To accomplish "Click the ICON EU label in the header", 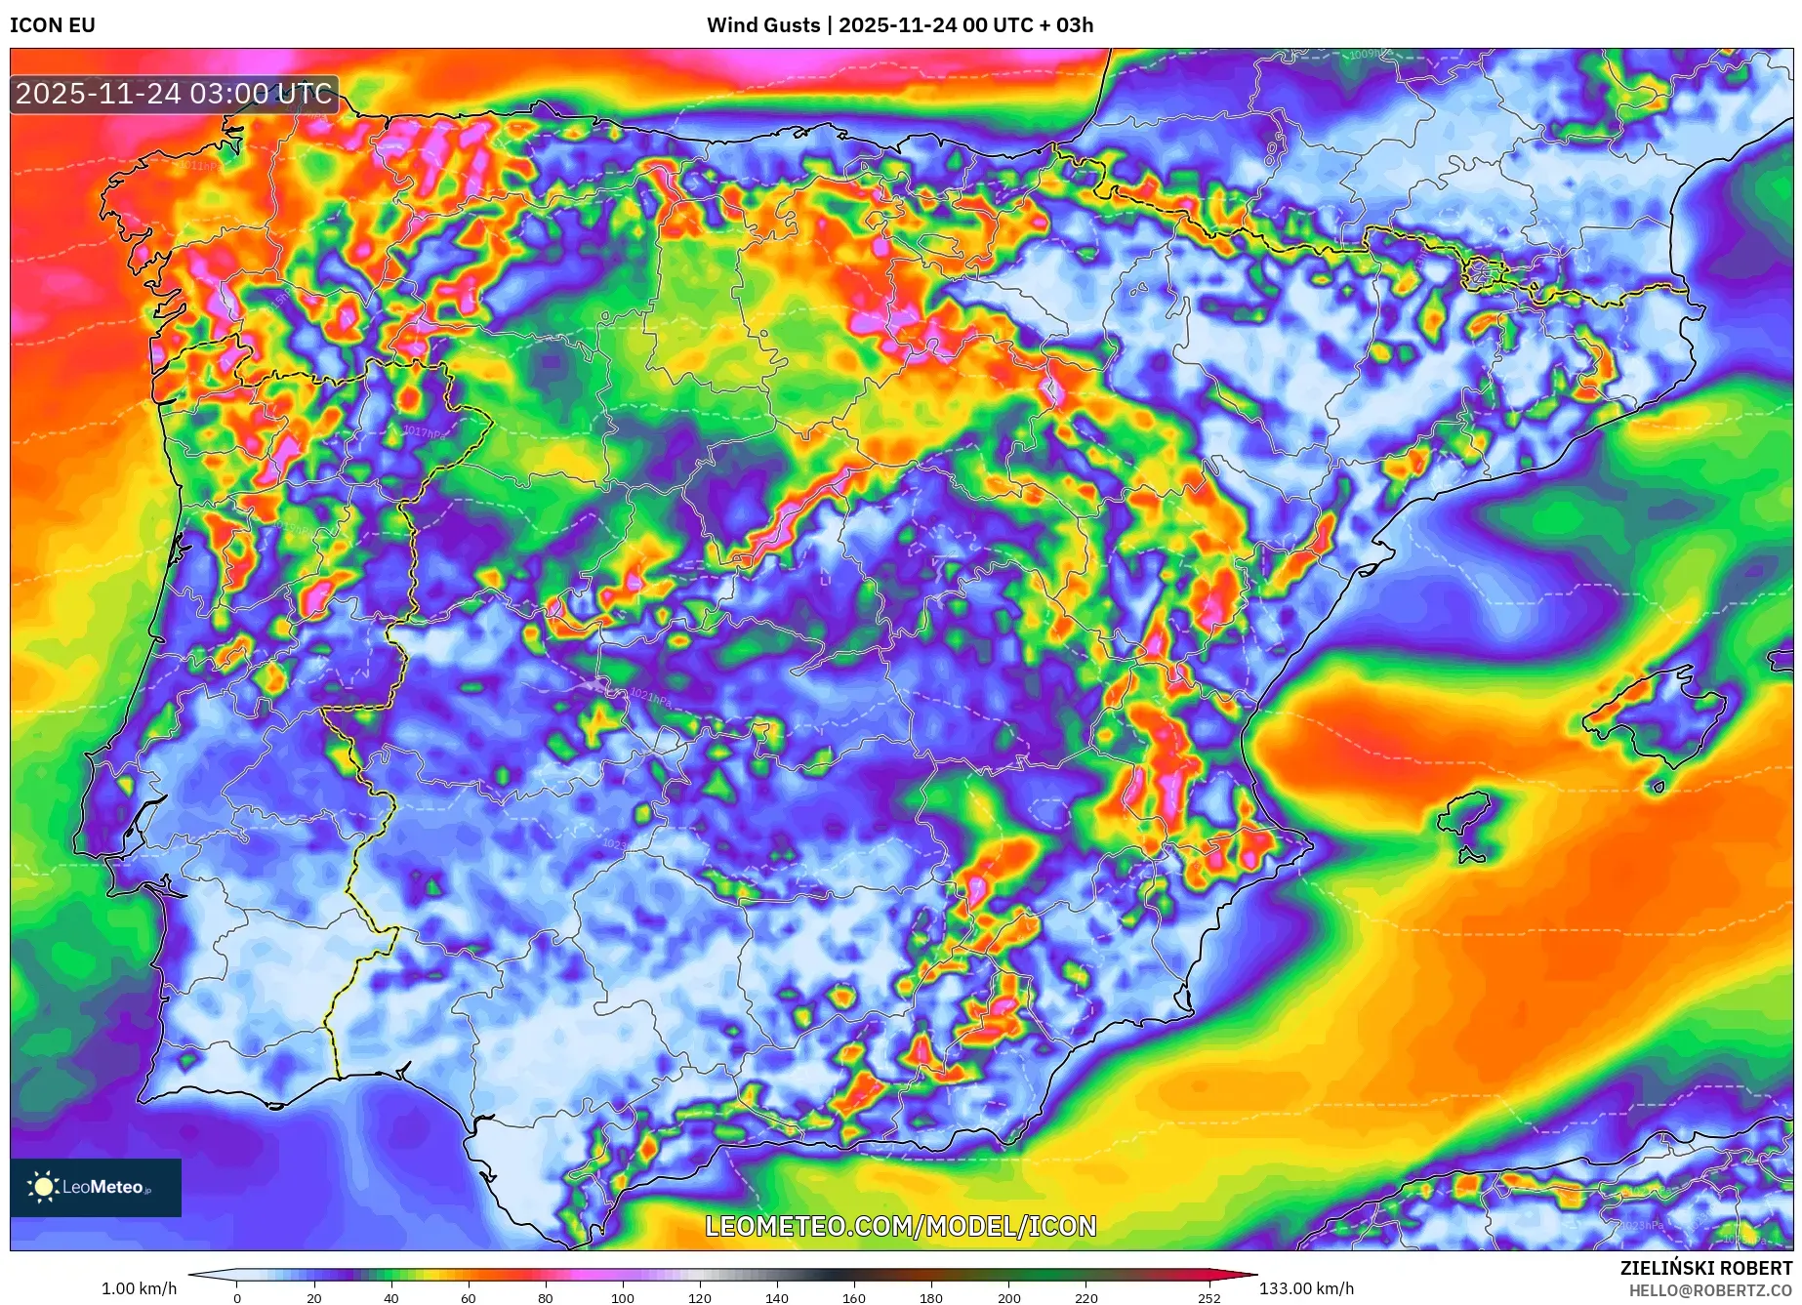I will click(x=53, y=25).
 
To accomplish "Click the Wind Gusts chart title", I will click(x=900, y=25).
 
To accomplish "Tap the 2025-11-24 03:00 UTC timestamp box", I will click(x=175, y=94).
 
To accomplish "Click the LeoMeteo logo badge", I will click(x=96, y=1187).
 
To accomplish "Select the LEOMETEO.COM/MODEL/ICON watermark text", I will click(x=900, y=1226).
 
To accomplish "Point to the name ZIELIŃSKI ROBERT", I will click(x=1706, y=1268).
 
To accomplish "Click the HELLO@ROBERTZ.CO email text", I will click(x=1710, y=1290).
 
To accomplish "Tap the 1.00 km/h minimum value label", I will click(x=140, y=1288).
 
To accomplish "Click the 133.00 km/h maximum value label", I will click(x=1306, y=1288).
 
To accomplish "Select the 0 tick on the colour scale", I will click(x=237, y=1298).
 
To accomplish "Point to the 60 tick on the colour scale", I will click(x=469, y=1298).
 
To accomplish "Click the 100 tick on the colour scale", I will click(x=623, y=1298).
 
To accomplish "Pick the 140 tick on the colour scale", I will click(x=777, y=1298).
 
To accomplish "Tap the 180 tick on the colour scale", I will click(x=931, y=1298).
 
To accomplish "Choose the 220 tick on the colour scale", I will click(x=1086, y=1298).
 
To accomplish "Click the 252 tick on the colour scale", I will click(x=1209, y=1298).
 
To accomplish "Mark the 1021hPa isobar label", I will click(x=650, y=697).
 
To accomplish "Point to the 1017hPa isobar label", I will click(x=423, y=430).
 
